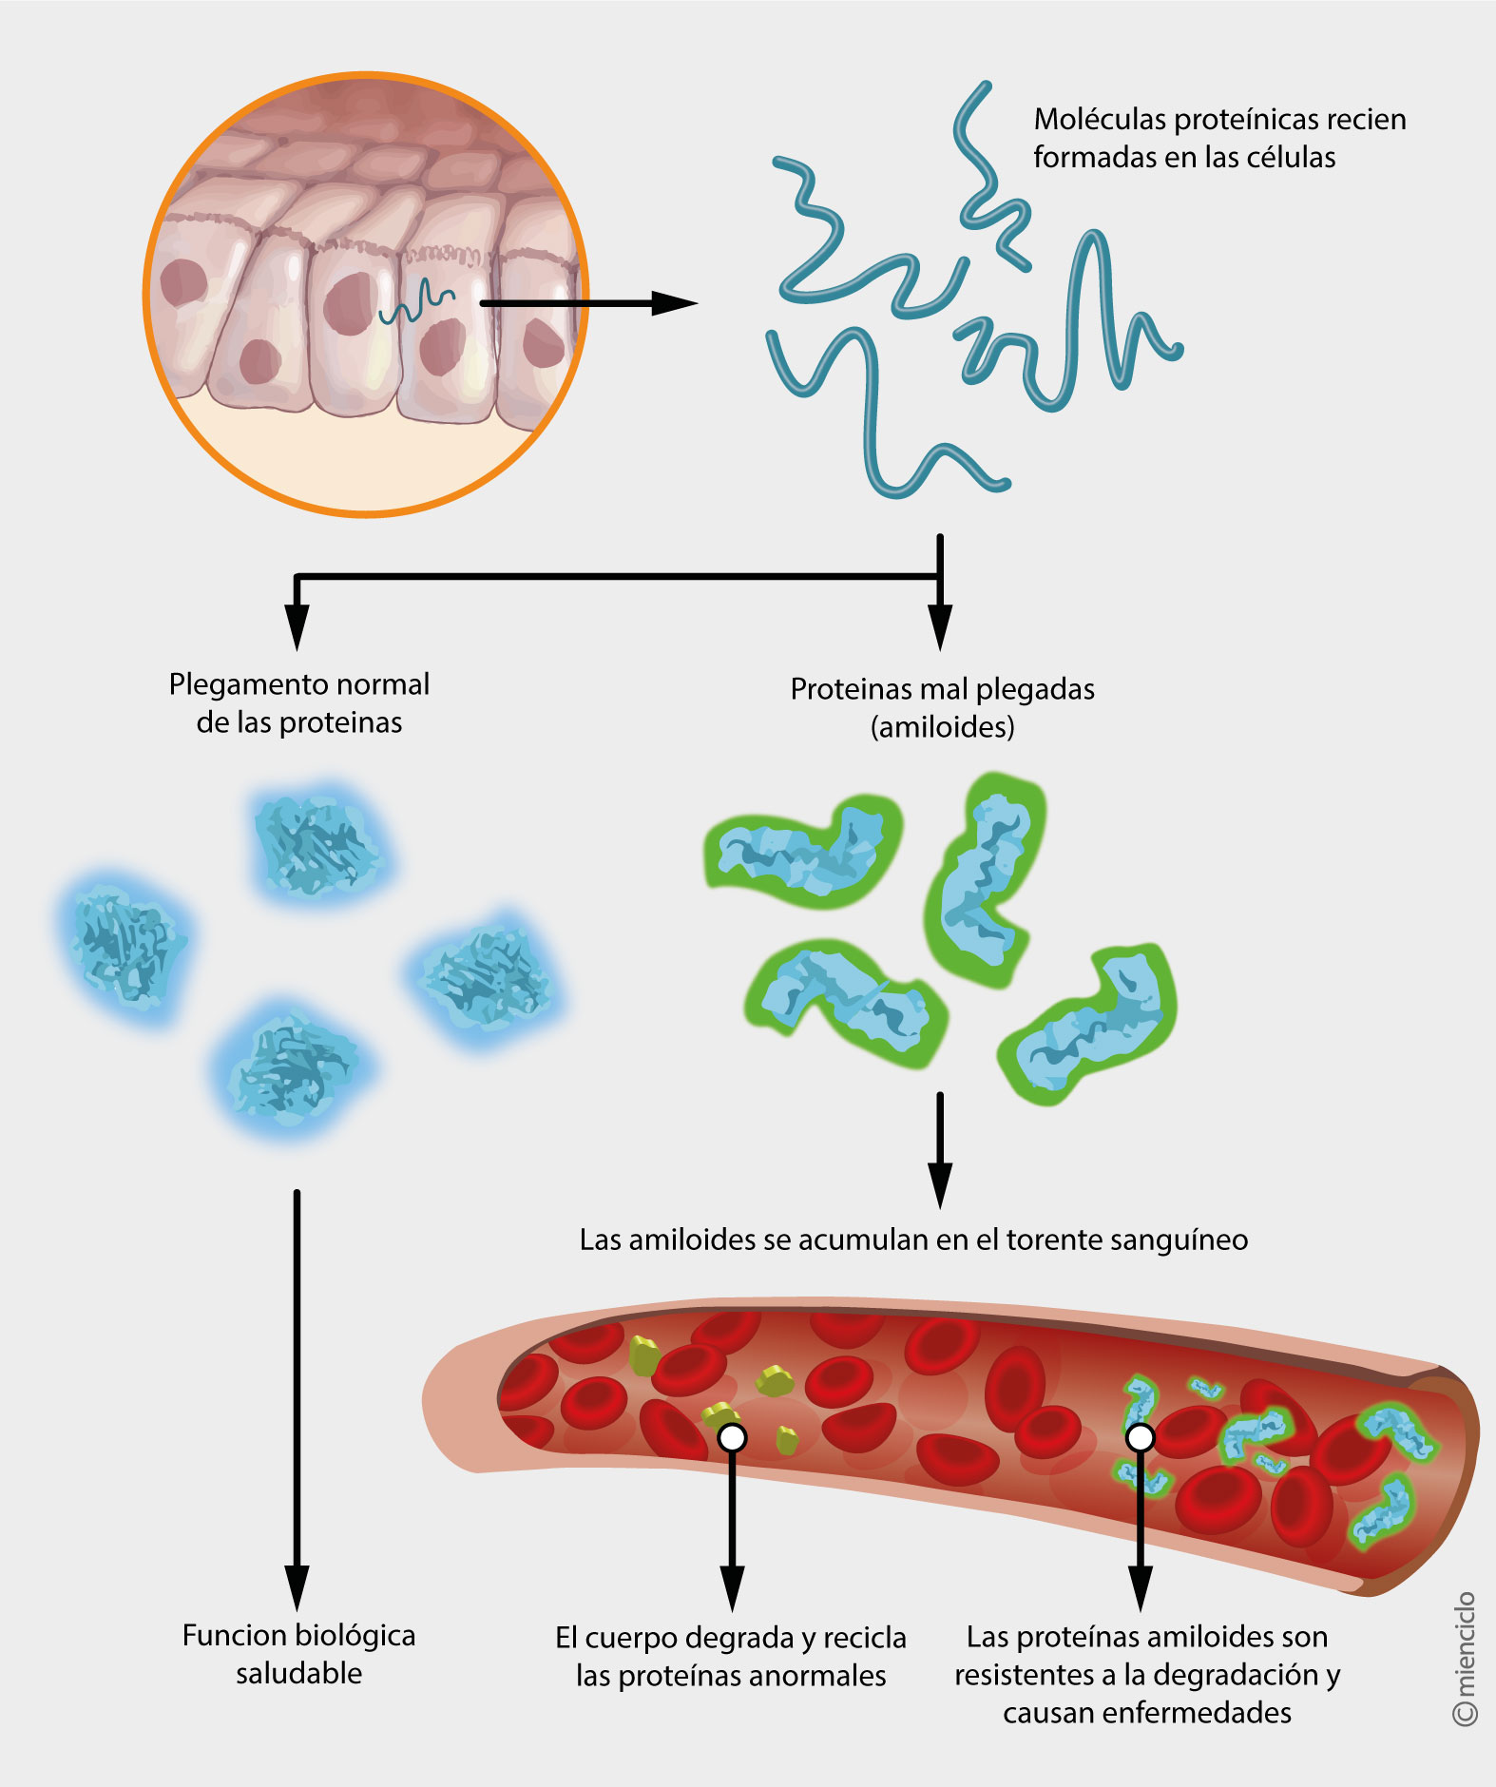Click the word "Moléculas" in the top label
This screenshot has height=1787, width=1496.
pos(1100,120)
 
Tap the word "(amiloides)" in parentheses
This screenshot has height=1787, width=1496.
pos(942,727)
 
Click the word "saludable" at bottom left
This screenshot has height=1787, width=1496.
pos(298,1673)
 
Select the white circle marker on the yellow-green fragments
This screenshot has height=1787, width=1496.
pos(732,1437)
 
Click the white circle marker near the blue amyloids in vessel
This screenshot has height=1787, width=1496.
pos(1140,1437)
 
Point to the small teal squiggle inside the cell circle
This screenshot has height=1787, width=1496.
pos(416,304)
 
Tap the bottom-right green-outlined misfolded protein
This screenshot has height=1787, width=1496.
pos(1091,1025)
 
